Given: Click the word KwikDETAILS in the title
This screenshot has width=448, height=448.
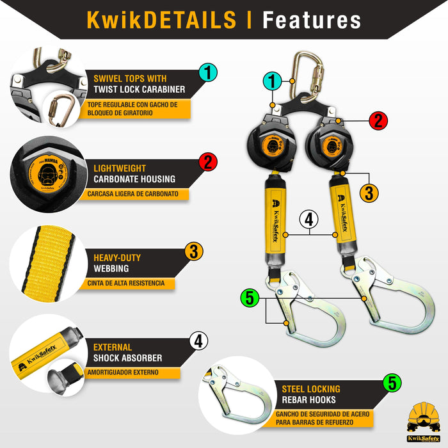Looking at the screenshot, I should [x=161, y=20].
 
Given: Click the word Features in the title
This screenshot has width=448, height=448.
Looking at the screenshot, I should [x=312, y=20].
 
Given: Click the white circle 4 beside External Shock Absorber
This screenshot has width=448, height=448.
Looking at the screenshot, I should [x=198, y=341].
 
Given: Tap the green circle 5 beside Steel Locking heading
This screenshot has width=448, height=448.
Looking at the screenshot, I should [x=391, y=383].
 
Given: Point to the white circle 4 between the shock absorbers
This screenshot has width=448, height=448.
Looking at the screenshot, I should [x=308, y=219].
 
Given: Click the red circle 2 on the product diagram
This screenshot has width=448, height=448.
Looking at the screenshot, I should [x=378, y=120].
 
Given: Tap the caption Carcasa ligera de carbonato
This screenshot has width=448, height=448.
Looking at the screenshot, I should [x=138, y=193].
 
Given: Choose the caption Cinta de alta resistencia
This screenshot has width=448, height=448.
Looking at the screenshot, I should [x=125, y=283].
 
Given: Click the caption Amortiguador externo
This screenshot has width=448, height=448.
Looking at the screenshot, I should [x=124, y=372].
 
